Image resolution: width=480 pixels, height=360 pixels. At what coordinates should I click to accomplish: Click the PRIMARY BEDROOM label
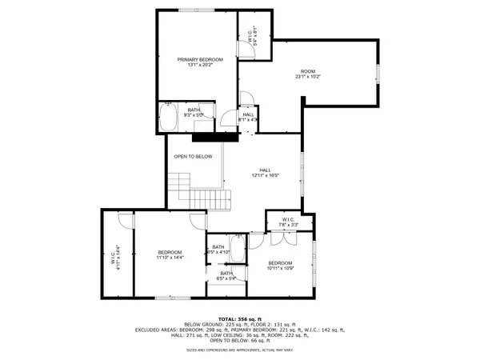[x=199, y=62]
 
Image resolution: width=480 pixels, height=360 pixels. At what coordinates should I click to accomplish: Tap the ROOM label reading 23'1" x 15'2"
[x=308, y=74]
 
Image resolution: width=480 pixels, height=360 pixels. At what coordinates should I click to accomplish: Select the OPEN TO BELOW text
[x=194, y=156]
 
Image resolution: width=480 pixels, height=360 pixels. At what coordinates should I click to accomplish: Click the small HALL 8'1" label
[x=248, y=117]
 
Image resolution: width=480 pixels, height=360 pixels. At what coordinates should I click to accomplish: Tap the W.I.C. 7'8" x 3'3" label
[x=288, y=222]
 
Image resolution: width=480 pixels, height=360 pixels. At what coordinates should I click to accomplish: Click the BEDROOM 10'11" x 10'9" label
[x=280, y=266]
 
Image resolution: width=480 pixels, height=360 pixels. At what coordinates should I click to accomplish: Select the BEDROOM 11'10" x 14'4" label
[x=170, y=254]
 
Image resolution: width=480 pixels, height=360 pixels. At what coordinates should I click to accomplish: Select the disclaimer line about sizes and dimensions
[x=240, y=349]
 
